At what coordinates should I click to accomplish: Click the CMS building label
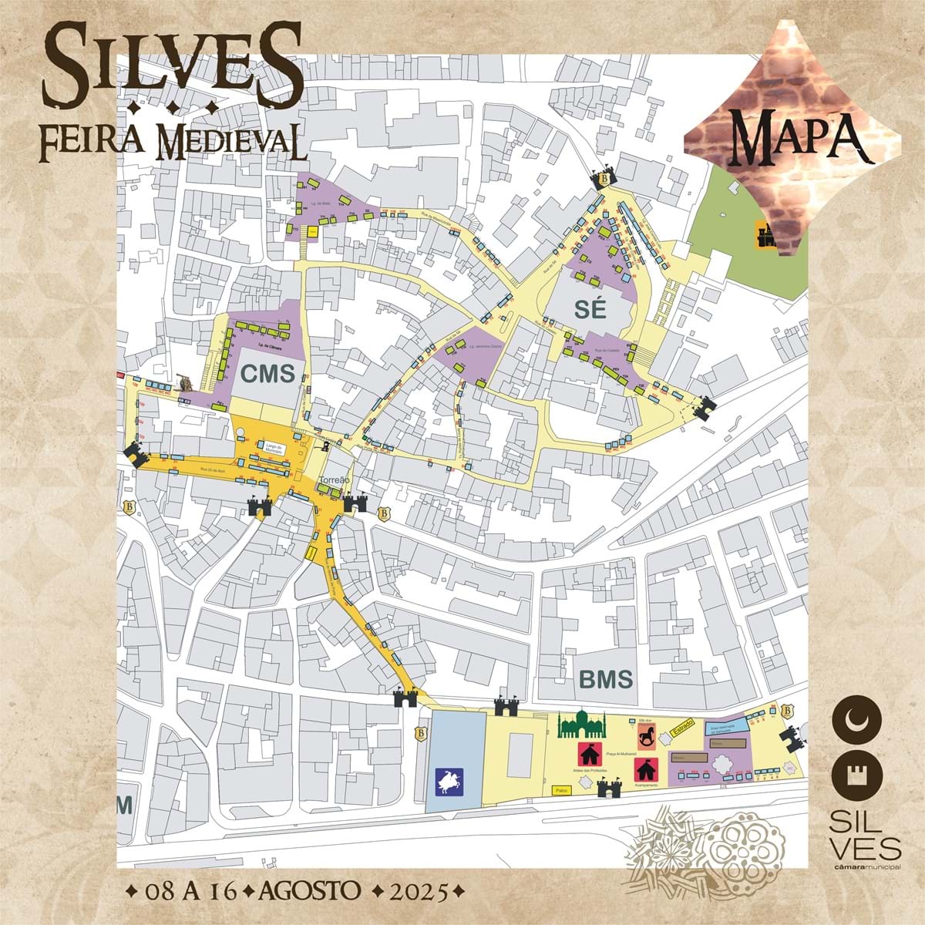267,375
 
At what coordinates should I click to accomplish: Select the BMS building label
606,680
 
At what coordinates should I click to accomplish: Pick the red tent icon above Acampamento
645,769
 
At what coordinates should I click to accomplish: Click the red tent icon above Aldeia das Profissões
590,754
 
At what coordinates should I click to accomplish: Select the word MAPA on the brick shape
795,136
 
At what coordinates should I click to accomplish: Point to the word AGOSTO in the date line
311,891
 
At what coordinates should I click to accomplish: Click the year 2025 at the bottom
418,892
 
